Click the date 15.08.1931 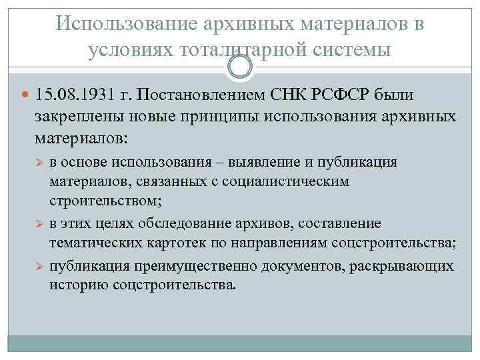(x=73, y=93)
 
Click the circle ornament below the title (x=240, y=67)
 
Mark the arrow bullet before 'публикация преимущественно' (x=39, y=266)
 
